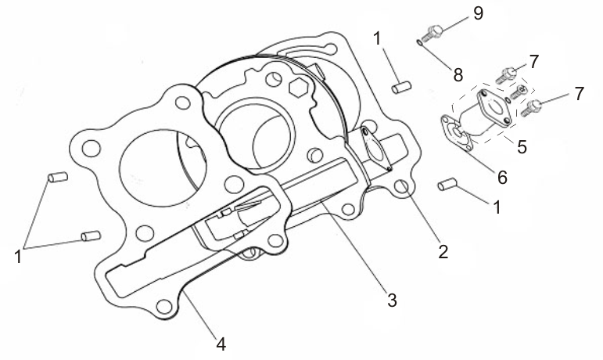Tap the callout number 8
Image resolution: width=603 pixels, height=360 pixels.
pos(458,74)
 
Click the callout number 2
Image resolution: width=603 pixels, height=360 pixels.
pos(443,251)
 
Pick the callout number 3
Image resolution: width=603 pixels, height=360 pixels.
pos(392,299)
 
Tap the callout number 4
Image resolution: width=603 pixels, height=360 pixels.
pos(221,342)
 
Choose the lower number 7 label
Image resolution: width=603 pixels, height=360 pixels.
pos(579,94)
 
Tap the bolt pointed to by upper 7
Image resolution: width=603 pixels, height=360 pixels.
pos(507,75)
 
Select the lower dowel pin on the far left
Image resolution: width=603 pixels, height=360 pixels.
pos(89,235)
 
